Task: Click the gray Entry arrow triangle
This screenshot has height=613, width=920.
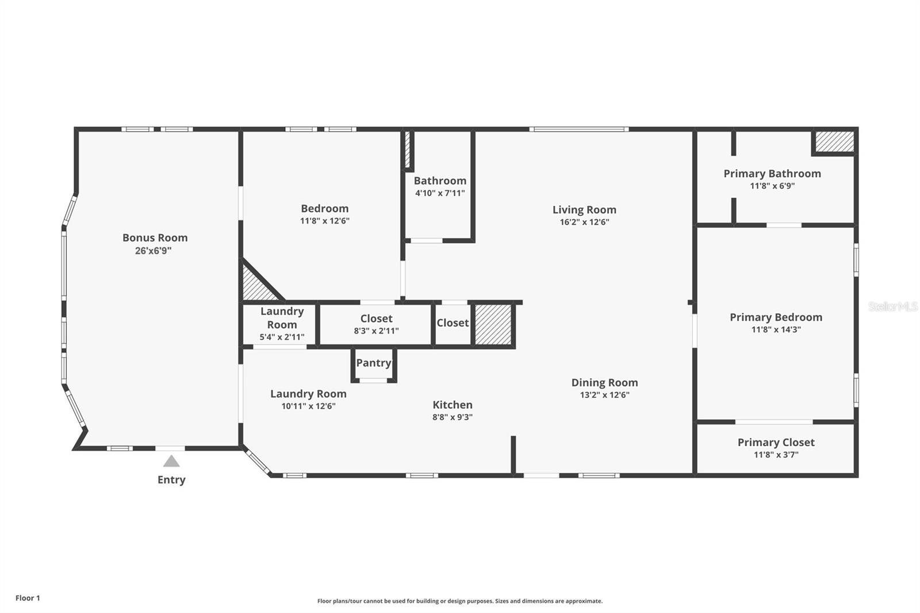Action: click(171, 461)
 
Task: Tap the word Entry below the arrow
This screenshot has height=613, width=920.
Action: click(171, 480)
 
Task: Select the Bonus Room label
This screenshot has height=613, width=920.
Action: click(155, 237)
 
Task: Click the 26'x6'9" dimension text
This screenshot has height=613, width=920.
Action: click(153, 251)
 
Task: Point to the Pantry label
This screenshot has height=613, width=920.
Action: click(374, 363)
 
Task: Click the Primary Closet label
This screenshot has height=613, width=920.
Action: click(776, 442)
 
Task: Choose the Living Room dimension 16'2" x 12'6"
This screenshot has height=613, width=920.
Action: click(584, 222)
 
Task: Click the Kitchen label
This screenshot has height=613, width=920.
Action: click(453, 405)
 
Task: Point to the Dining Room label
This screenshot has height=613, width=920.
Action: click(604, 382)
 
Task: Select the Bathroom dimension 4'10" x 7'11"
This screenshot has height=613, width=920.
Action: click(440, 193)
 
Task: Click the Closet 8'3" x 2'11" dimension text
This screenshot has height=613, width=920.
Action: click(376, 331)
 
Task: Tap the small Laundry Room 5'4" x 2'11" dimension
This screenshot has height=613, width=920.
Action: click(282, 337)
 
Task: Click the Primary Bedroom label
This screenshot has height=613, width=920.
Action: click(776, 317)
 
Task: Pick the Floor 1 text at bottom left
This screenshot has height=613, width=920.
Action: click(28, 598)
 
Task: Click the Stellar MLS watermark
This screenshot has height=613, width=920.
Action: click(892, 306)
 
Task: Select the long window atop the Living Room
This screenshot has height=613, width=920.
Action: click(578, 129)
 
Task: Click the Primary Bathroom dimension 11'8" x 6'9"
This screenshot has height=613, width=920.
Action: click(772, 186)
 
